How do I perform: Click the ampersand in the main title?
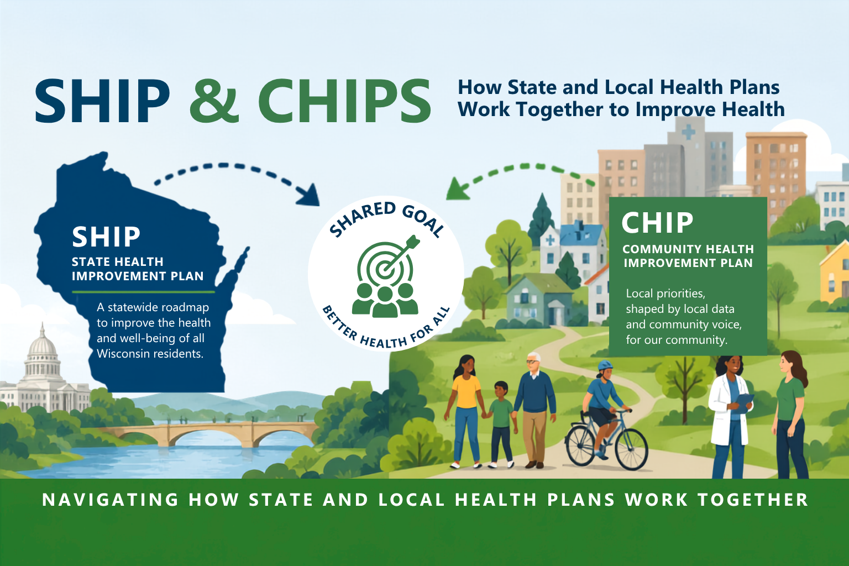tap(214, 101)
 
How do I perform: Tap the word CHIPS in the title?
tap(344, 101)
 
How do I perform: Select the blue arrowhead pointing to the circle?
tap(309, 195)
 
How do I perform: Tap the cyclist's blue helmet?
tap(605, 366)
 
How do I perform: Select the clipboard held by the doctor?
tap(743, 402)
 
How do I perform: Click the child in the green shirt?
tap(501, 424)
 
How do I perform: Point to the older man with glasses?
tap(534, 410)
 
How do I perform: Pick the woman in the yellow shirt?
tap(466, 411)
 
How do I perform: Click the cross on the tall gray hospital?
tap(688, 132)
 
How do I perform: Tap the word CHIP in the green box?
tap(658, 223)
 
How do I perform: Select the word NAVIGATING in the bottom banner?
tap(111, 500)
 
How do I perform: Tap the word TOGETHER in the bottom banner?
tap(753, 500)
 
